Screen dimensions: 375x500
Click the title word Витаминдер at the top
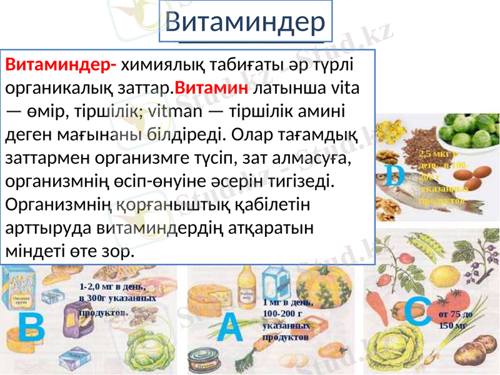tap(246, 22)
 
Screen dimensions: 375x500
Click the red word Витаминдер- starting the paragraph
tap(61, 64)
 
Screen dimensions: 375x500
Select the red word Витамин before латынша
tap(212, 86)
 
